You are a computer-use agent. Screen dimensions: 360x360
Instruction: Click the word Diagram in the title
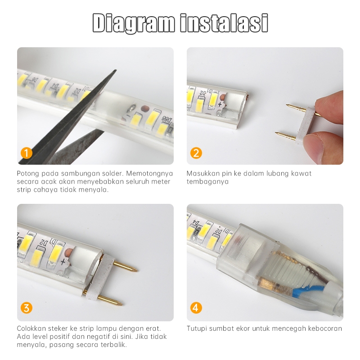click(133, 23)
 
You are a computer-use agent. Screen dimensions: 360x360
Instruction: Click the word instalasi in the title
click(224, 23)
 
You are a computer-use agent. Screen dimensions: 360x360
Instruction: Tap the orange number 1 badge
click(27, 153)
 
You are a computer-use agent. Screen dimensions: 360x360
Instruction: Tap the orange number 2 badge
click(196, 153)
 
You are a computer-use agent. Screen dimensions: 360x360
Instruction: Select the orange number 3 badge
click(27, 308)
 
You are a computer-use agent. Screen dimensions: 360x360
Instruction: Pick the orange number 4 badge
click(196, 308)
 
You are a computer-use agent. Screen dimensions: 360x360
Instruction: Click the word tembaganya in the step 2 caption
click(207, 182)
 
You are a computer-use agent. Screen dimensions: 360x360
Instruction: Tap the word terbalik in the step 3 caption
click(114, 345)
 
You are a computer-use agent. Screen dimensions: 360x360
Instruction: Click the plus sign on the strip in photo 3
click(63, 261)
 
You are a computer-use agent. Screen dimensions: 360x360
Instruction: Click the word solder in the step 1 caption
click(111, 173)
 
